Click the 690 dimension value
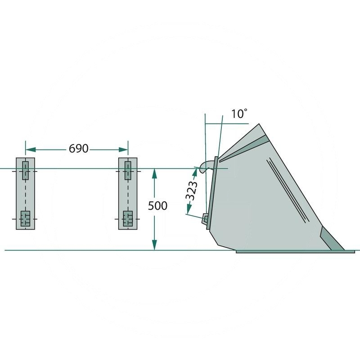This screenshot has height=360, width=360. [x=78, y=149]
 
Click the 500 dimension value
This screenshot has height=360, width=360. [x=157, y=206]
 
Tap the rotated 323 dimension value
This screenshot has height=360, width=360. [x=192, y=191]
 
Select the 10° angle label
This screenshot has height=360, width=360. [x=239, y=114]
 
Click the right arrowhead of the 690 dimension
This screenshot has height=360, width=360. [x=123, y=150]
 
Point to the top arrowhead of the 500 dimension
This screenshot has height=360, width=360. [x=154, y=174]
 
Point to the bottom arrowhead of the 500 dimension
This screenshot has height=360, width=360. [x=154, y=245]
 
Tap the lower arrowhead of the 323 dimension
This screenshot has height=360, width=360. [x=189, y=209]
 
